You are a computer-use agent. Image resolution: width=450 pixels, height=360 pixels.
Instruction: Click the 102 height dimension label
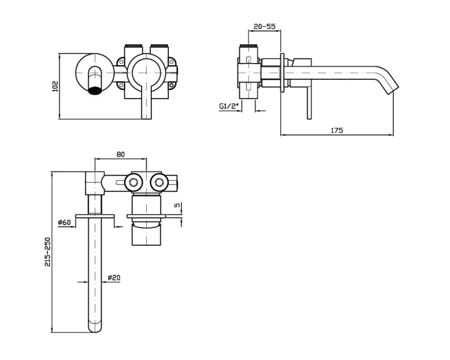[x=55, y=86]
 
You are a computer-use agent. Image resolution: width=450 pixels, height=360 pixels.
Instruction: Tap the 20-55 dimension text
[x=264, y=26]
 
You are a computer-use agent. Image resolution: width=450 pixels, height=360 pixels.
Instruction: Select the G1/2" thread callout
[x=229, y=106]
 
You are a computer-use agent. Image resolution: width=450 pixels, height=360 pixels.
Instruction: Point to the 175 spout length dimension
[x=336, y=130]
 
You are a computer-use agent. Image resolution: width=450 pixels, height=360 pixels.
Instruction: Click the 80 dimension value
[x=121, y=154]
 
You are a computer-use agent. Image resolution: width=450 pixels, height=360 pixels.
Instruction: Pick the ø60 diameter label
[x=64, y=222]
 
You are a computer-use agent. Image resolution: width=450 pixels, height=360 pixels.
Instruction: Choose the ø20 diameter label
[x=114, y=278]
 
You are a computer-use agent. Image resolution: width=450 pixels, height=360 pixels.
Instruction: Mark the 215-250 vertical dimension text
[x=47, y=252]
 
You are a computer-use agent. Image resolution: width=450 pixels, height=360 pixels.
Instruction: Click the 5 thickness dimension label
[x=178, y=205]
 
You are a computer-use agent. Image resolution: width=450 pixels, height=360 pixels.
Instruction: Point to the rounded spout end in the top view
[x=94, y=327]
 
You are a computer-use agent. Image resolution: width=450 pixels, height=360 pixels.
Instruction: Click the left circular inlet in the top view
[x=133, y=182]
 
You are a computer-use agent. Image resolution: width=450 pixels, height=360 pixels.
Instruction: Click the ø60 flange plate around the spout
[x=94, y=217]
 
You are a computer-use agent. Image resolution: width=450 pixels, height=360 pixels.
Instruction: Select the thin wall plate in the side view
[x=282, y=73]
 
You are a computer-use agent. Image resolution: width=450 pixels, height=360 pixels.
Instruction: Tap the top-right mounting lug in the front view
[x=172, y=61]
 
